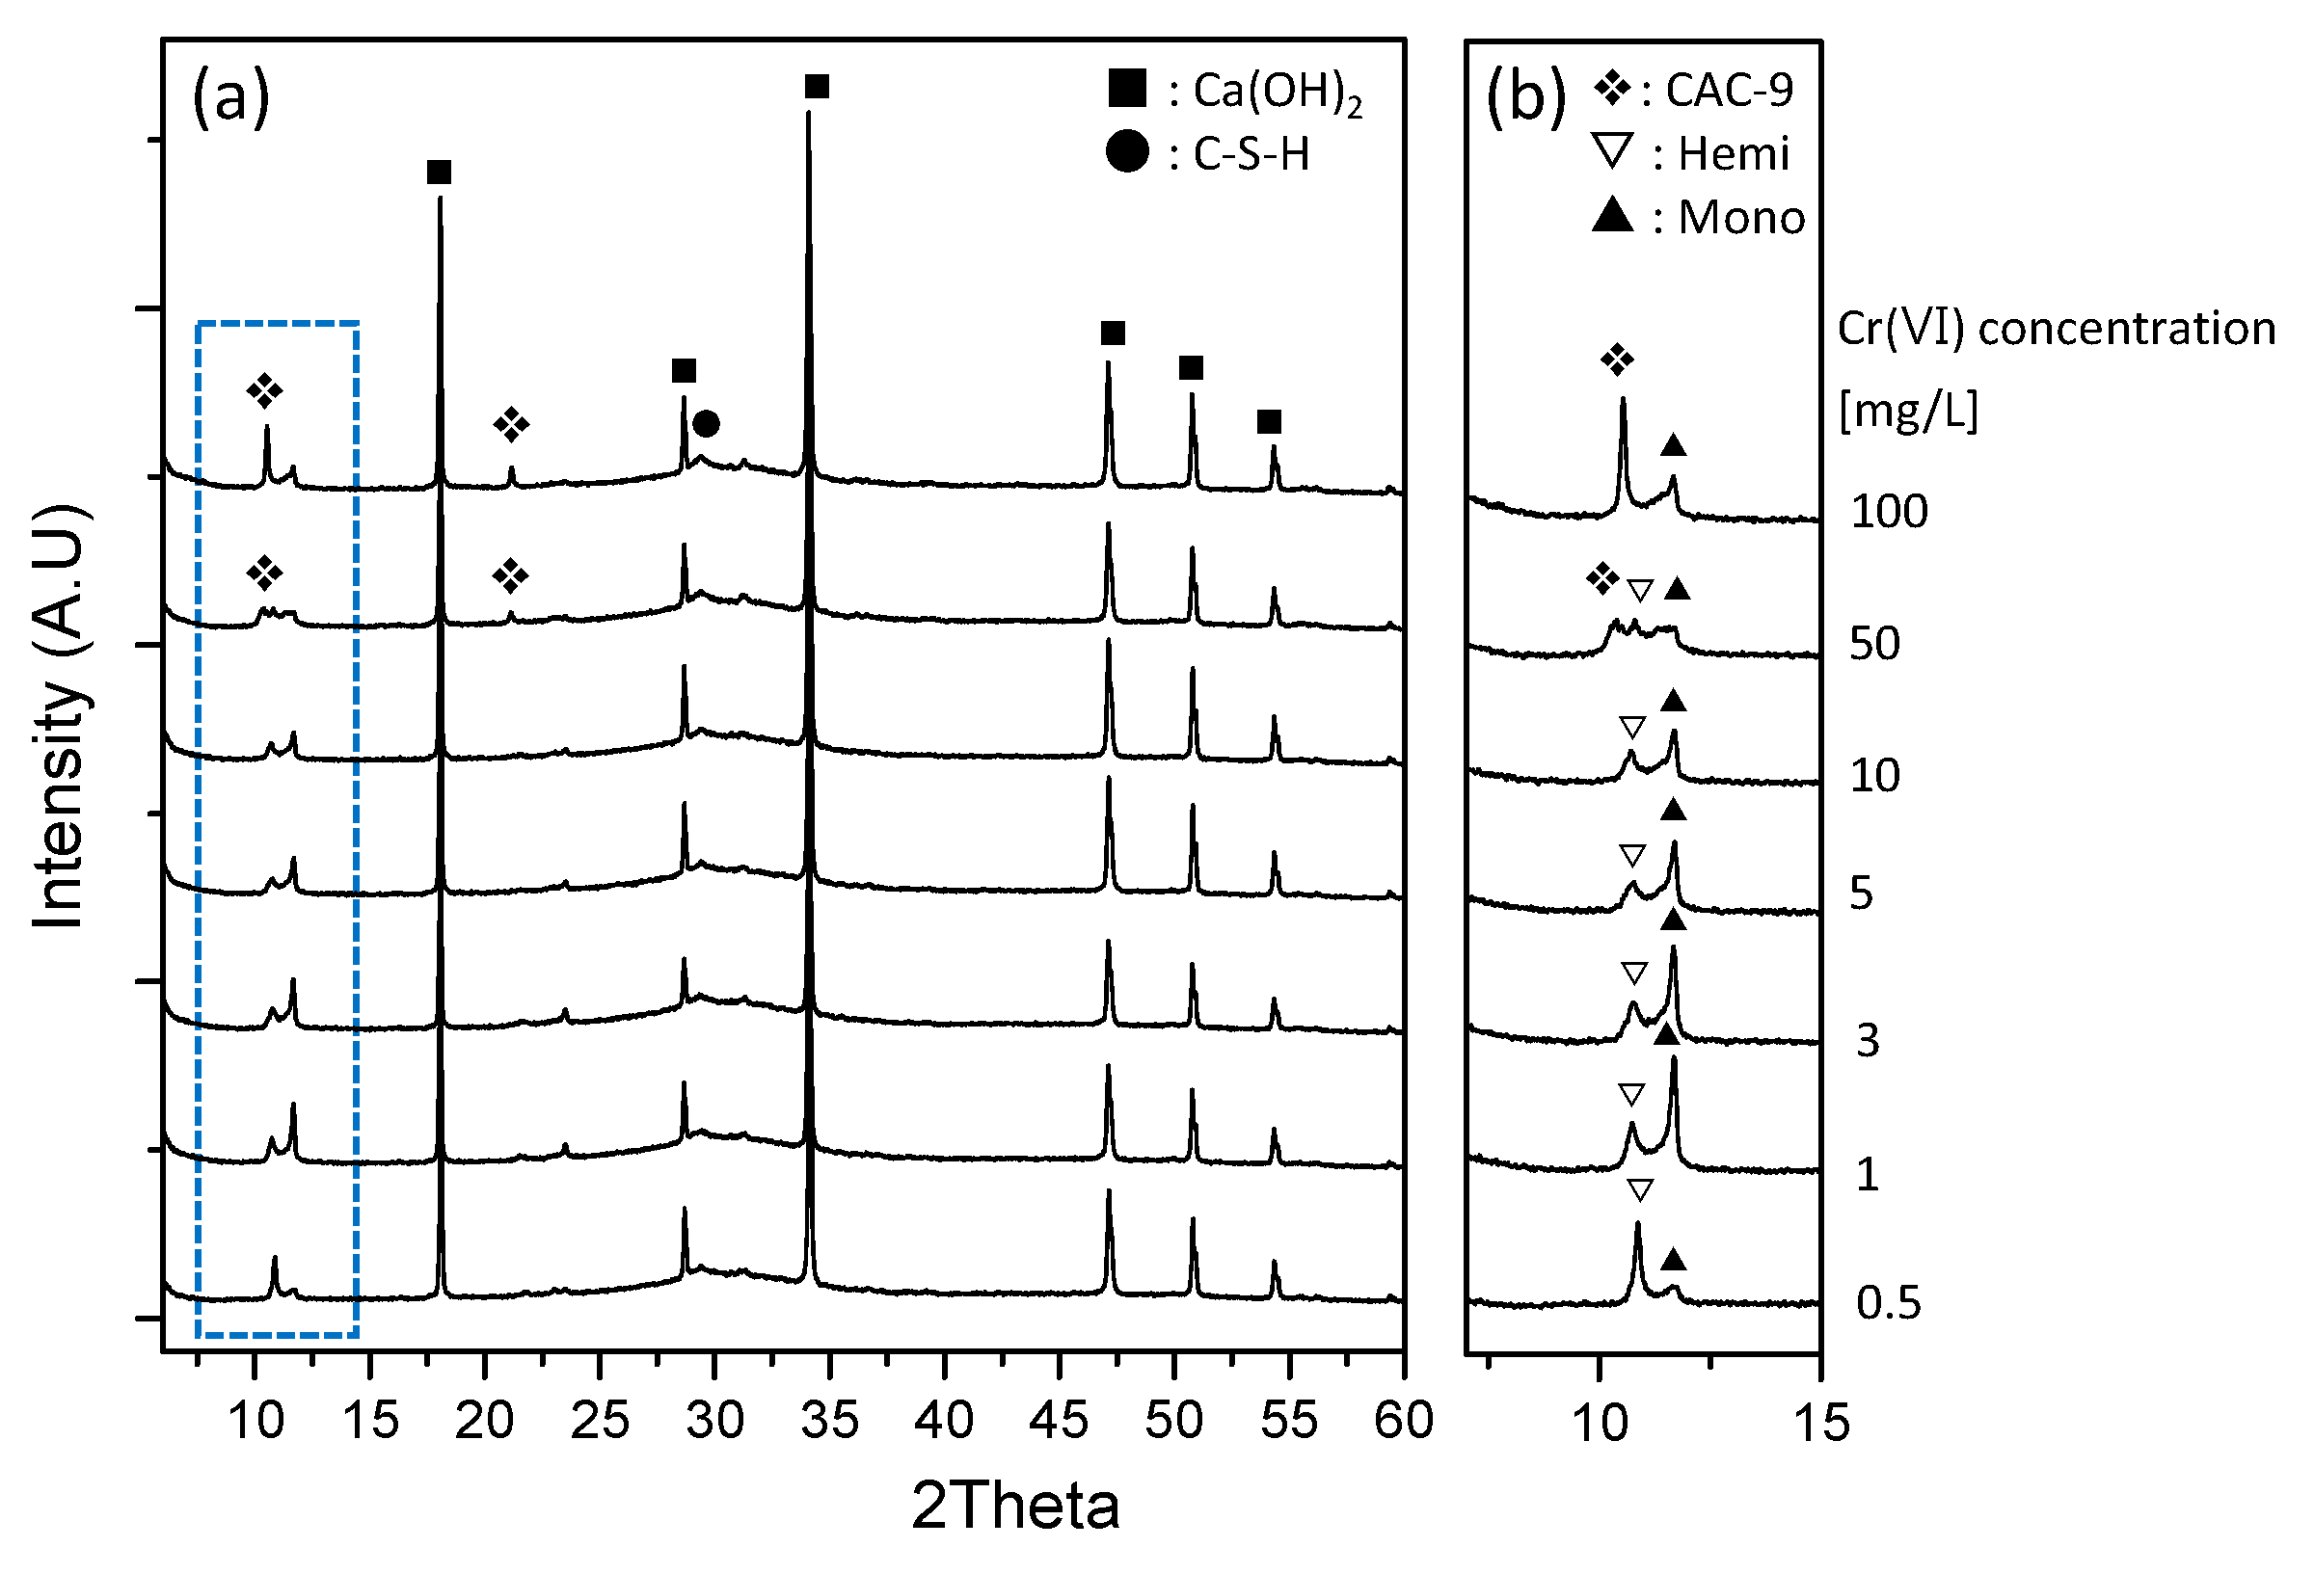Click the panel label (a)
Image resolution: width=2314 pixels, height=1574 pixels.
(230, 96)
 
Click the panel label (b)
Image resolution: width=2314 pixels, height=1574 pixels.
(1525, 96)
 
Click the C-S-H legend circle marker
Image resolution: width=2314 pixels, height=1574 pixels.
(1126, 151)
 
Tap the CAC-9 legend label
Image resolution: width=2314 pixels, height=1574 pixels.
(1729, 91)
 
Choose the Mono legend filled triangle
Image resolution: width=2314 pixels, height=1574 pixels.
(1612, 215)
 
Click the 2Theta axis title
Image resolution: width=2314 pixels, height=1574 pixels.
(1014, 1505)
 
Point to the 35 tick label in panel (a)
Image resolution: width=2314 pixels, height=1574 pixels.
(828, 1420)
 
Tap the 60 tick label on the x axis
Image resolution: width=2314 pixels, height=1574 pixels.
(1403, 1420)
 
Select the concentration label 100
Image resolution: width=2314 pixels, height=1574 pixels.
(1889, 512)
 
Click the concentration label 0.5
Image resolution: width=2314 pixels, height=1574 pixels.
(1888, 1302)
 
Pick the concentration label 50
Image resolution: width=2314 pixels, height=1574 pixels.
(1874, 644)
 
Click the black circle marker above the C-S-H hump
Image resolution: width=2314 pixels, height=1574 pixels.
(706, 424)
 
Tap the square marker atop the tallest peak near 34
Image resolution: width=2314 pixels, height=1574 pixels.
(817, 87)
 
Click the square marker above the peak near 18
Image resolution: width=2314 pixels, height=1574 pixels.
(439, 173)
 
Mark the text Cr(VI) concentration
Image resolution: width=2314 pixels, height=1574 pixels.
(2057, 329)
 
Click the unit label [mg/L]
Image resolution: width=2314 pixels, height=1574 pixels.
(1907, 410)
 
